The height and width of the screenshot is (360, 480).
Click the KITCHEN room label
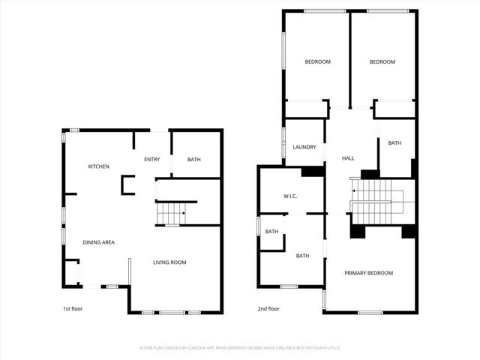tap(99, 166)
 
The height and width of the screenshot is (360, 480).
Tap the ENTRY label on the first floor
tap(152, 160)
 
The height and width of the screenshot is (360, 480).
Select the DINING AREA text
tap(98, 242)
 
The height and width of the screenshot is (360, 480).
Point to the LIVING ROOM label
tap(169, 262)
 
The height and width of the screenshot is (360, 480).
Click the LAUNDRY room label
tap(304, 148)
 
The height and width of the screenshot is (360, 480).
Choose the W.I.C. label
tap(291, 196)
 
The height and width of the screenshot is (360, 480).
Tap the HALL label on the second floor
tap(348, 159)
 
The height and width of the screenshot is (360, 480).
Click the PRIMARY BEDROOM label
tap(369, 273)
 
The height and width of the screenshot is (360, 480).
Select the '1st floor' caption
tap(73, 309)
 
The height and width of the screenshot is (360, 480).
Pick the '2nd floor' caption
tap(269, 309)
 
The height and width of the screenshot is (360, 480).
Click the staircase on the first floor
tap(172, 214)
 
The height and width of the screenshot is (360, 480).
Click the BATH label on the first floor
tap(194, 160)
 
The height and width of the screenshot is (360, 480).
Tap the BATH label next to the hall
tap(394, 143)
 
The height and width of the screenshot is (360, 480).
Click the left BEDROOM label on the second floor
tap(317, 61)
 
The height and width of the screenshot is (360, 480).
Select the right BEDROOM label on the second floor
tap(382, 61)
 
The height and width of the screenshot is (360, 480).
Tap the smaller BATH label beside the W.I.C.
tap(271, 232)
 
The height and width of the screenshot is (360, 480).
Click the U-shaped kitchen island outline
tap(128, 184)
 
